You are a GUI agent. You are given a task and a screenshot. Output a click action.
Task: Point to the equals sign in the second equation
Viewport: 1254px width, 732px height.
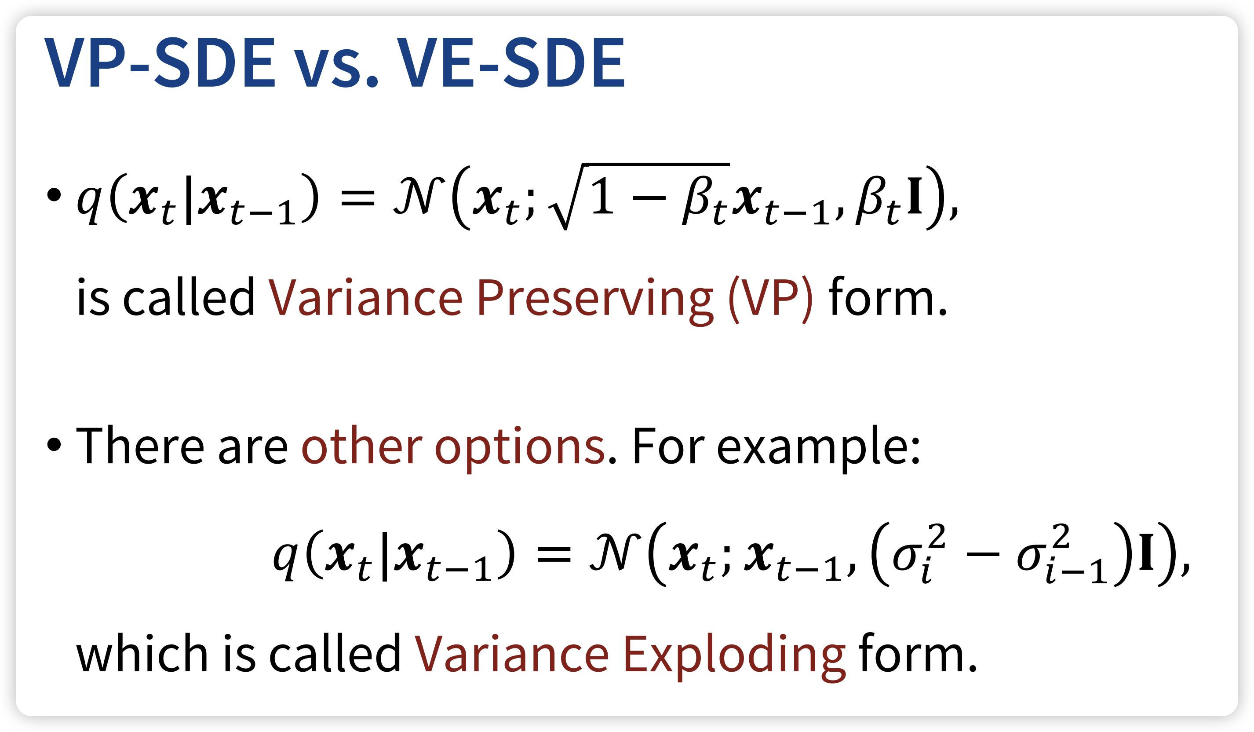tap(554, 554)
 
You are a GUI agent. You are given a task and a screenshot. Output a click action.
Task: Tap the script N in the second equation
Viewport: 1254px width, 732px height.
tap(615, 552)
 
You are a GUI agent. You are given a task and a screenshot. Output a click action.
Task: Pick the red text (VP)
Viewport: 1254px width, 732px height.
tap(771, 299)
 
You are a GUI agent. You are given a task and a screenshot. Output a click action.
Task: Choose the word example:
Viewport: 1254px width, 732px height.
tap(819, 447)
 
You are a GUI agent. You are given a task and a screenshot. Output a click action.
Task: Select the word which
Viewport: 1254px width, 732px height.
tap(142, 653)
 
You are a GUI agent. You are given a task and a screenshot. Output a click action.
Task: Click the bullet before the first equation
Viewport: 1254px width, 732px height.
tap(54, 195)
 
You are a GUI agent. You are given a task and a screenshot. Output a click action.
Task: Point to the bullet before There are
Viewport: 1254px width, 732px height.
tap(54, 445)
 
